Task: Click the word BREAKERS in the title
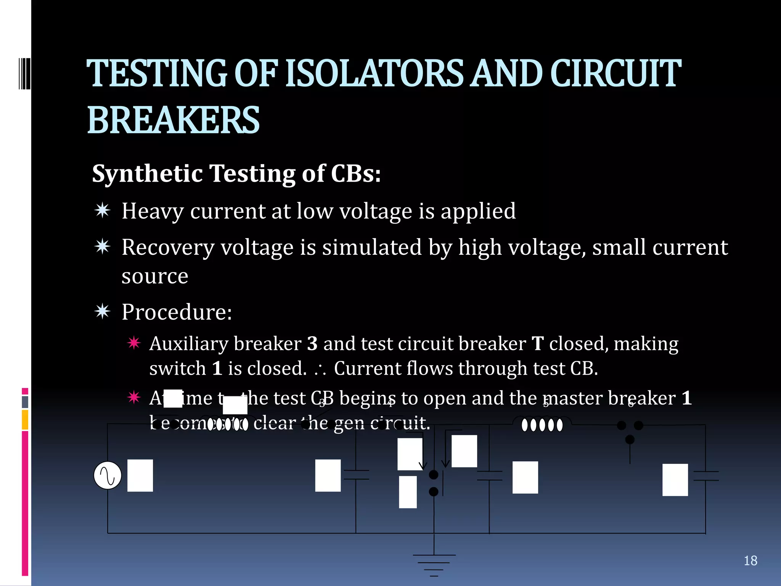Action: tap(174, 120)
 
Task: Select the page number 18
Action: tap(750, 560)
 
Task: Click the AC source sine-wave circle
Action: tap(108, 475)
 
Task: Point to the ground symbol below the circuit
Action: tap(434, 565)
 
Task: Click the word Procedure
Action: tap(177, 312)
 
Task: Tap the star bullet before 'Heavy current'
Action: tap(103, 211)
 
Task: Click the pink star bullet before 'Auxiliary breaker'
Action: tap(134, 343)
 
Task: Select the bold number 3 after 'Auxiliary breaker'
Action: tap(312, 344)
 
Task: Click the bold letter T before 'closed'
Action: tap(537, 344)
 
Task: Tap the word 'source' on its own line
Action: tap(155, 276)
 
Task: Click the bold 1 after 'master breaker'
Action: tap(686, 398)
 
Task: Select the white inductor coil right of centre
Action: tap(542, 425)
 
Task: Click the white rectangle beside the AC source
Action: tap(140, 475)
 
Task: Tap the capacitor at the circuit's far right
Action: tap(706, 476)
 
